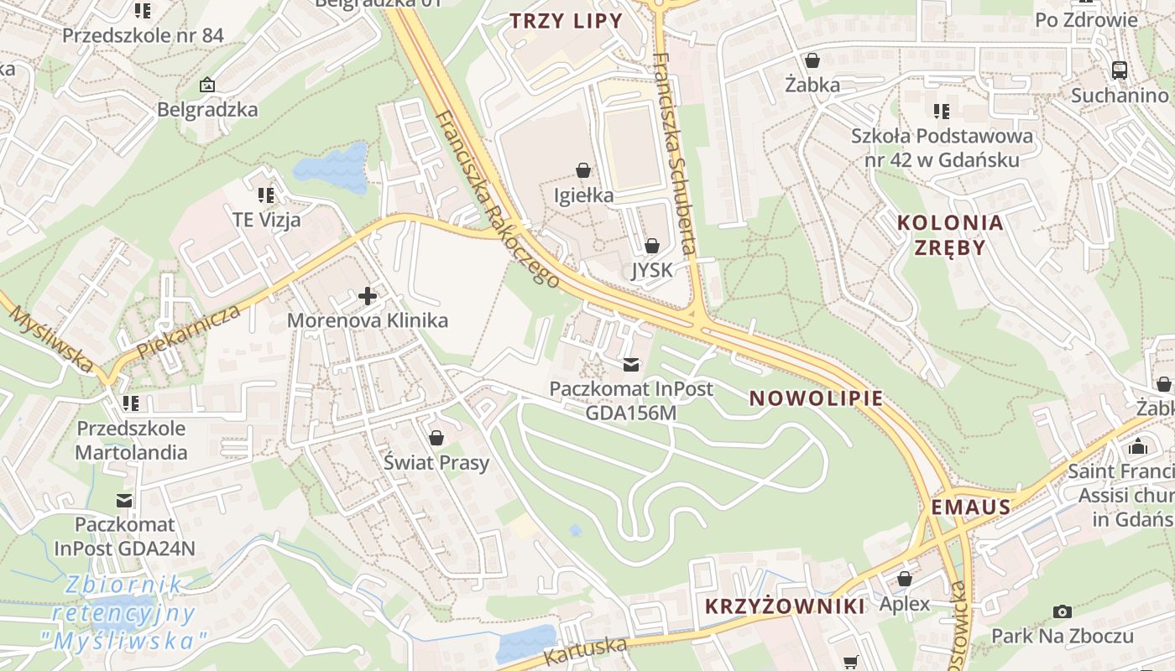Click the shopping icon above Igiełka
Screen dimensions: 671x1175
pyautogui.click(x=583, y=170)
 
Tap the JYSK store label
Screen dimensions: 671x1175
pyautogui.click(x=652, y=269)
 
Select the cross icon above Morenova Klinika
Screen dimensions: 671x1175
pyautogui.click(x=367, y=296)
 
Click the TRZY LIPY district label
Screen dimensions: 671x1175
pyautogui.click(x=567, y=21)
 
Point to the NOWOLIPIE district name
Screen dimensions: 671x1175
pyautogui.click(x=817, y=398)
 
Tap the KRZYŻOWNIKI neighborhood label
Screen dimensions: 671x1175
pyautogui.click(x=785, y=606)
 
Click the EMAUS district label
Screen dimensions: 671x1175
pyautogui.click(x=971, y=507)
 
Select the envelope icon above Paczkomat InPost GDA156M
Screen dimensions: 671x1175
pyautogui.click(x=631, y=365)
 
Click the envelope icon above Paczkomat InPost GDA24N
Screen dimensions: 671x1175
pyautogui.click(x=124, y=501)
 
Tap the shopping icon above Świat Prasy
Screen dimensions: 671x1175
pyautogui.click(x=436, y=438)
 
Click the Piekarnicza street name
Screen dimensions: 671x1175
pyautogui.click(x=189, y=331)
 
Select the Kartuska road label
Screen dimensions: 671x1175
pyautogui.click(x=586, y=651)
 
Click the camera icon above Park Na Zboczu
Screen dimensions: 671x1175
pyautogui.click(x=1062, y=611)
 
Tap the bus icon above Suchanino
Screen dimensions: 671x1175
pyautogui.click(x=1119, y=70)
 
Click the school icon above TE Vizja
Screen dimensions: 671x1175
pyautogui.click(x=266, y=195)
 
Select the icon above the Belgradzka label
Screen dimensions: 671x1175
pyautogui.click(x=207, y=85)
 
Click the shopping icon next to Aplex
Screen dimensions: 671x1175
pyautogui.click(x=904, y=579)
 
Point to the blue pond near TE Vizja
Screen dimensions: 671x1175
pyautogui.click(x=332, y=168)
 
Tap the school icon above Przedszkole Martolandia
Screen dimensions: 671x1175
pyautogui.click(x=130, y=403)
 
